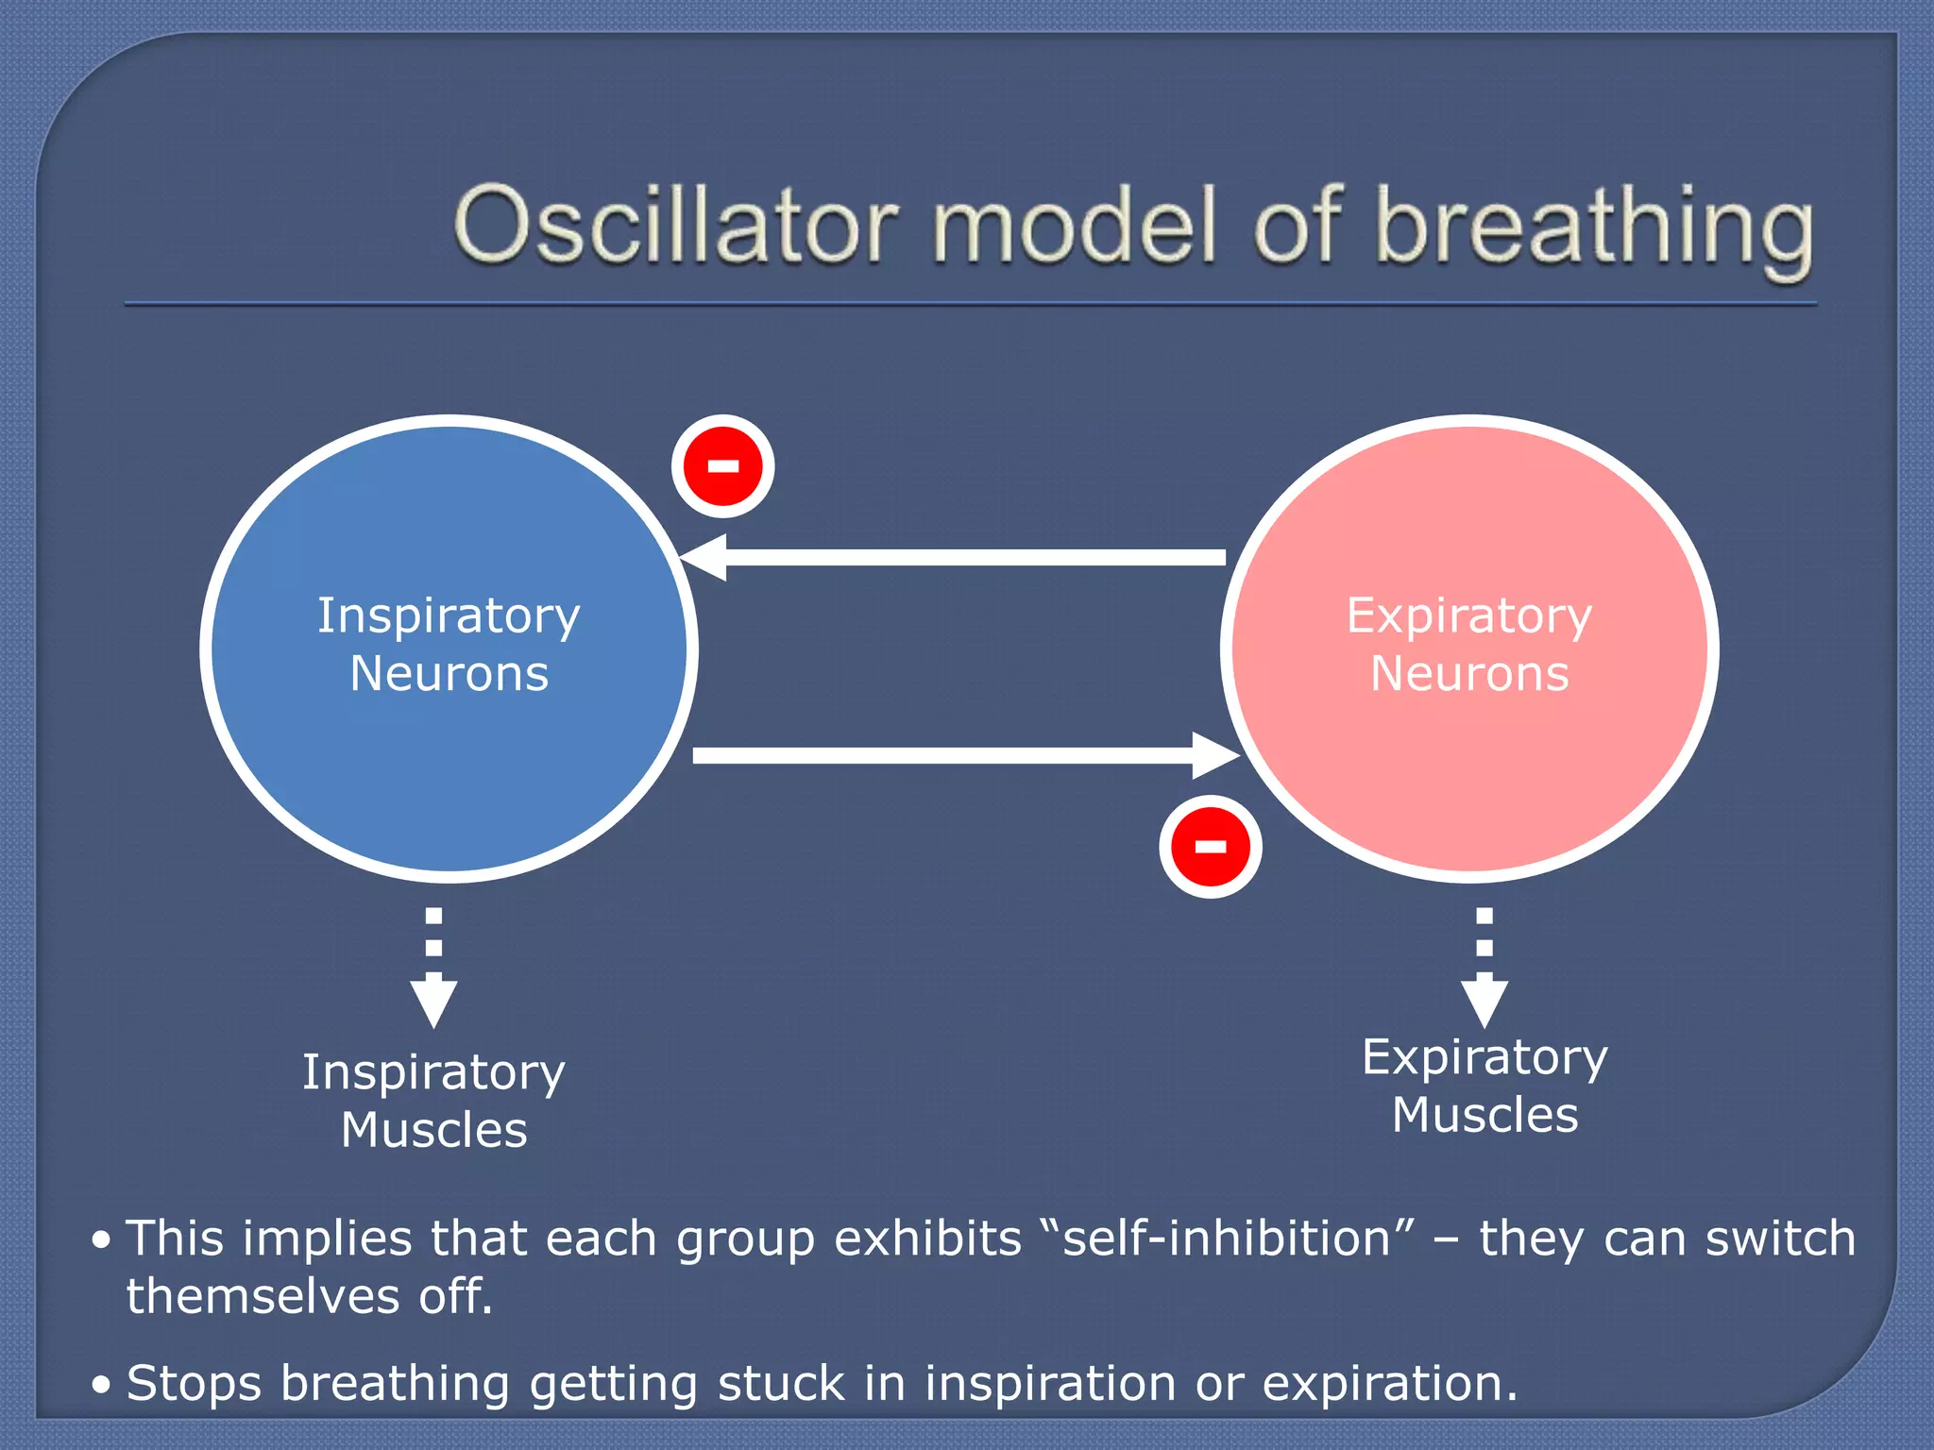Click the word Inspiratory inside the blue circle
tap(449, 616)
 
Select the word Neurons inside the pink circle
tap(1469, 674)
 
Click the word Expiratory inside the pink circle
tap(1469, 616)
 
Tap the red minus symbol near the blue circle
tap(723, 466)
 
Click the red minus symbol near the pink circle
tap(1211, 846)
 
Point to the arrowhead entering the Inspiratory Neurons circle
tap(704, 557)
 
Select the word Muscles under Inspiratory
tap(434, 1130)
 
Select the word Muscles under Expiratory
tap(1485, 1115)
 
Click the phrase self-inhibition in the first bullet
tap(1227, 1239)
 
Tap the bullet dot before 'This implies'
tap(102, 1240)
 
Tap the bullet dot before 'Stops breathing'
tap(102, 1386)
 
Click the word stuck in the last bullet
tap(780, 1384)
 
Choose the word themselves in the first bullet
tap(263, 1296)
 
